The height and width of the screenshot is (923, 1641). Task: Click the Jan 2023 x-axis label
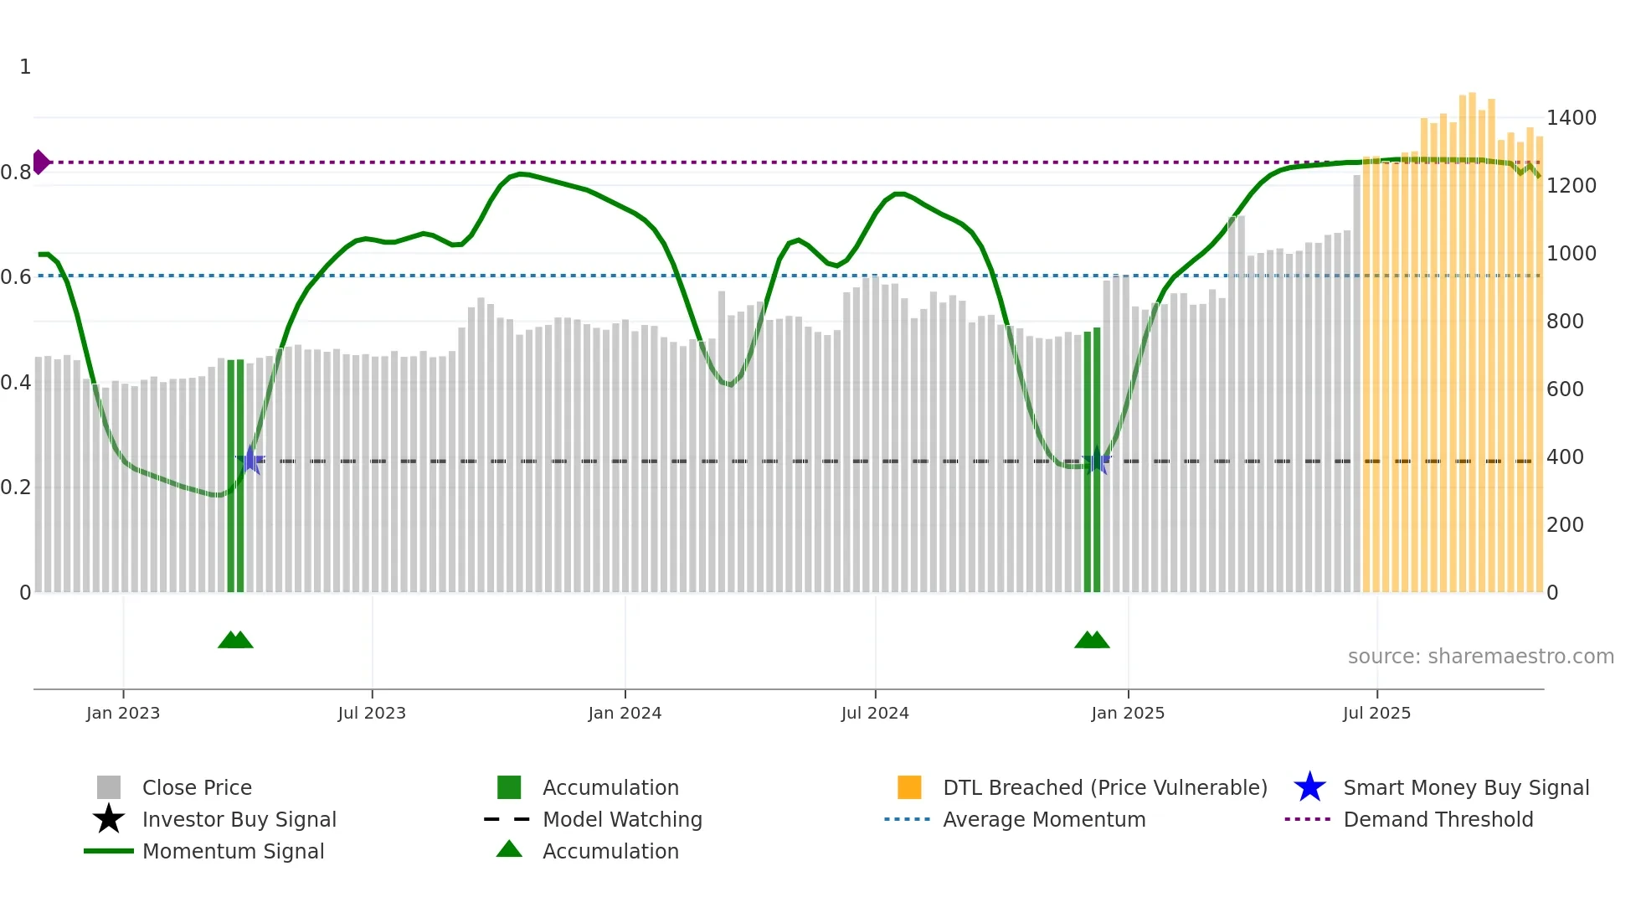(x=123, y=713)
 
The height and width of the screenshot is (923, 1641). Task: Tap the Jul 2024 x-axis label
(x=875, y=713)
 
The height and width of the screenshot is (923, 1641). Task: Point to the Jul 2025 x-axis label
(x=1376, y=713)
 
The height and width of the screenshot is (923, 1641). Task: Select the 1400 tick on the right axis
(x=1571, y=118)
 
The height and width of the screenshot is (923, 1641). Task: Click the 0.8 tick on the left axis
(x=16, y=173)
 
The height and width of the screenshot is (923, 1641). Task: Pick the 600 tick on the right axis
(x=1565, y=389)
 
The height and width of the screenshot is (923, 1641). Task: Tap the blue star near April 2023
(x=250, y=460)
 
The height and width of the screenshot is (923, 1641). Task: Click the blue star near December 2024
(x=1096, y=461)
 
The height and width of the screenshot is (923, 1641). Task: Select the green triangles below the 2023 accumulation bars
(x=235, y=640)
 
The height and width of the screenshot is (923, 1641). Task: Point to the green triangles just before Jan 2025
(x=1092, y=640)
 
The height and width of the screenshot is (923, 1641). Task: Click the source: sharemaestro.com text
(x=1480, y=657)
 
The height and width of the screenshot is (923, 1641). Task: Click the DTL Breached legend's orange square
(x=909, y=787)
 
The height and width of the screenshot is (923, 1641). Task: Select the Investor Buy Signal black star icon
(x=109, y=819)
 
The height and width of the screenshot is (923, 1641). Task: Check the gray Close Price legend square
(x=109, y=787)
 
